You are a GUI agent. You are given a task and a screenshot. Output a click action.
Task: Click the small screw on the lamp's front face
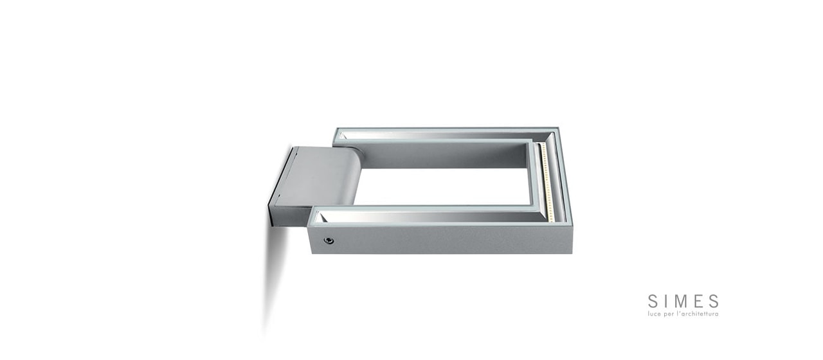[x=328, y=240]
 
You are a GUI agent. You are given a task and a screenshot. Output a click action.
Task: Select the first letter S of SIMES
[x=653, y=301]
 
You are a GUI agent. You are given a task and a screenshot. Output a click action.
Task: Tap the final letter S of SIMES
[x=714, y=301]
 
